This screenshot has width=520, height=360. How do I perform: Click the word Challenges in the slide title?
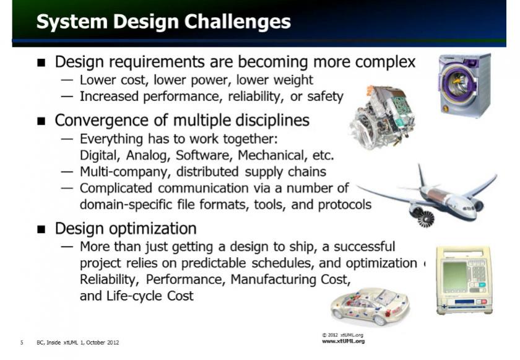(x=237, y=22)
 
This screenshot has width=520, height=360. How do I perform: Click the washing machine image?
(x=465, y=85)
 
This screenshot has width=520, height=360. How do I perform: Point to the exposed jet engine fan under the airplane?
(x=425, y=219)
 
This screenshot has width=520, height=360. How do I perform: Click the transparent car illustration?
(x=370, y=307)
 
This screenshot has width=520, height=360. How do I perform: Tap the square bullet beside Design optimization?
(x=41, y=229)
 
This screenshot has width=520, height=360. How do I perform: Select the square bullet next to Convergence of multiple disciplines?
(x=41, y=121)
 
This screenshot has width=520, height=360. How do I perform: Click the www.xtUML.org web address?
(x=343, y=341)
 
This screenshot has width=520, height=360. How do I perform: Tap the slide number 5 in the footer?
(x=22, y=343)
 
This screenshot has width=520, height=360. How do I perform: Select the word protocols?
(x=345, y=205)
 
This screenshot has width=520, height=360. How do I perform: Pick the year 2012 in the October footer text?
(x=113, y=343)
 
